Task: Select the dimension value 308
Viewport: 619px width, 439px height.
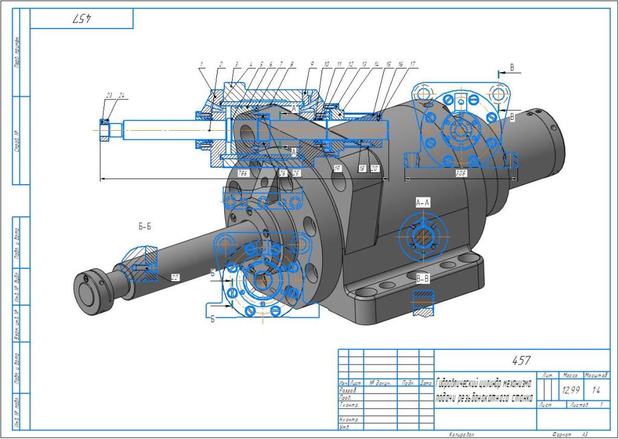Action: pyautogui.click(x=461, y=172)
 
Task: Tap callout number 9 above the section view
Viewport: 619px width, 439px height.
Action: pyautogui.click(x=313, y=64)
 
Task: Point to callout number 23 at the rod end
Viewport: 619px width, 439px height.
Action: pyautogui.click(x=109, y=95)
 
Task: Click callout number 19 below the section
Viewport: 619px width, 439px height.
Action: pyautogui.click(x=337, y=169)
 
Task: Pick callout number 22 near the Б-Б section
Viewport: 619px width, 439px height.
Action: pyautogui.click(x=175, y=277)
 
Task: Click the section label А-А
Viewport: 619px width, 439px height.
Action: pyautogui.click(x=423, y=202)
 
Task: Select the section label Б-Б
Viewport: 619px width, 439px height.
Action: pyautogui.click(x=144, y=227)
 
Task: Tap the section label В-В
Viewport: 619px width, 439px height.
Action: pyautogui.click(x=423, y=279)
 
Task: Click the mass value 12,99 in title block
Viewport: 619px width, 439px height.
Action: pyautogui.click(x=571, y=391)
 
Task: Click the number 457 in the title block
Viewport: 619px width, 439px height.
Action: pyautogui.click(x=521, y=361)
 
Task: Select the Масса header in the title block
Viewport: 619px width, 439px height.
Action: pyautogui.click(x=570, y=376)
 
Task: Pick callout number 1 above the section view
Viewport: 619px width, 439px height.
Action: pyautogui.click(x=201, y=64)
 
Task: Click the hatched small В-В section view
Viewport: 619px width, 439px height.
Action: pyautogui.click(x=423, y=303)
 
